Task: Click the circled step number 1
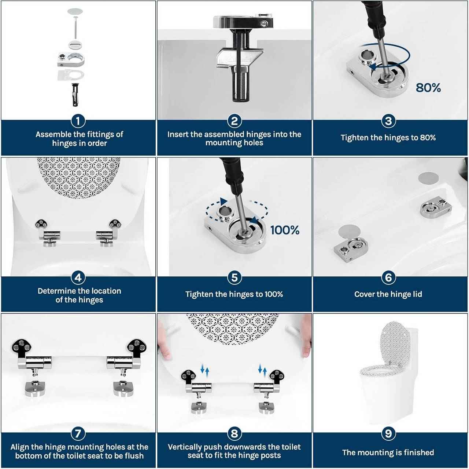click(x=78, y=121)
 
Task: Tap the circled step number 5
click(x=234, y=277)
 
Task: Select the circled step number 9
click(x=388, y=434)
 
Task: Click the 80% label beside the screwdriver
click(x=428, y=88)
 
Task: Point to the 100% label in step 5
click(x=285, y=230)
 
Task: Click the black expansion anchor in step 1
click(x=75, y=95)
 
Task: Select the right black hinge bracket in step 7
click(x=136, y=347)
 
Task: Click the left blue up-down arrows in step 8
click(x=204, y=370)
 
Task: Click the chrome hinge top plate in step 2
click(x=243, y=21)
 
